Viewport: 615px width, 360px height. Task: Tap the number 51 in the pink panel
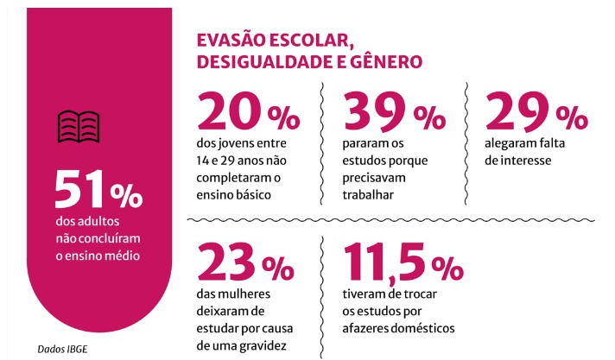click(82, 191)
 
